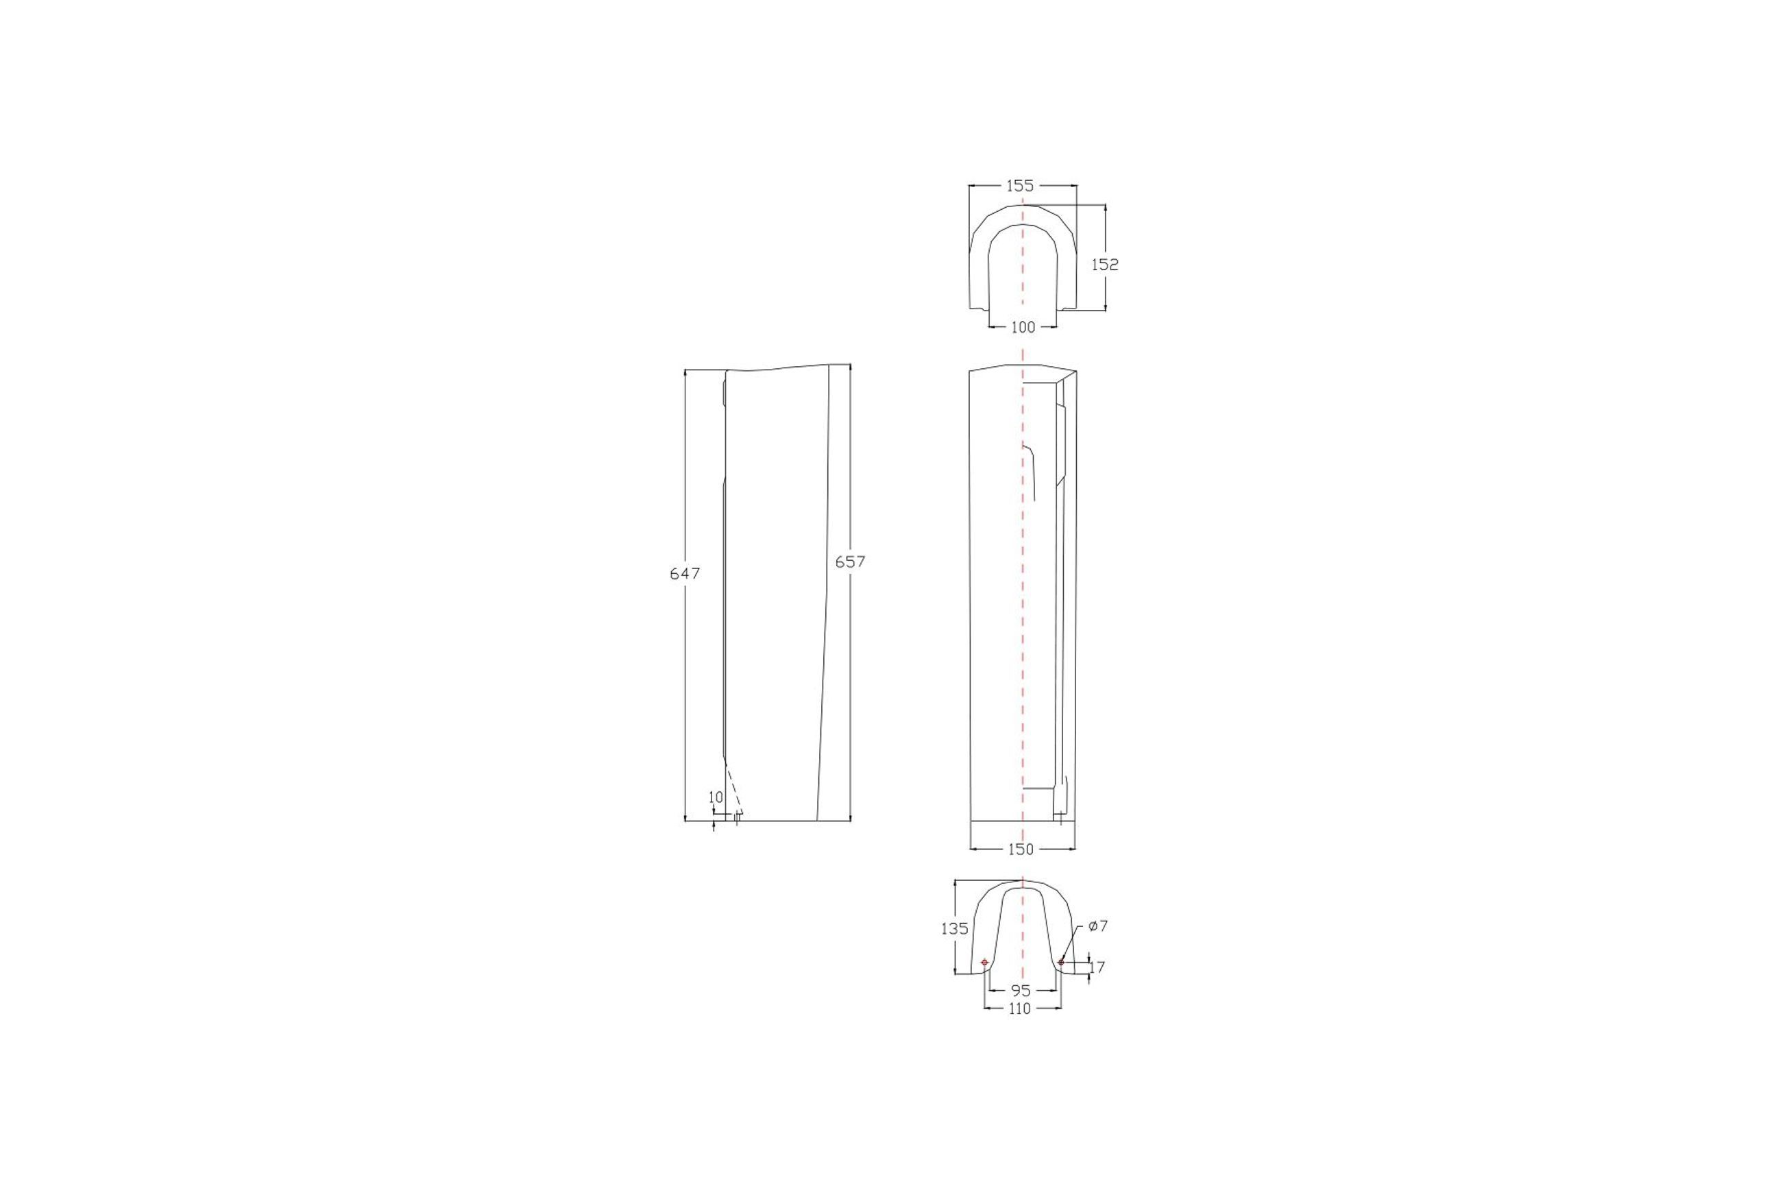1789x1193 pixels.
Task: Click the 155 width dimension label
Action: (x=1020, y=185)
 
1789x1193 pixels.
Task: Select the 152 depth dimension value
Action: (x=1105, y=264)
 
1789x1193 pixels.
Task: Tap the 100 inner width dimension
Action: (x=1023, y=327)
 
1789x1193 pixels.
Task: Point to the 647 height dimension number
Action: (x=685, y=574)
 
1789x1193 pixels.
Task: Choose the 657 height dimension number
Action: (x=851, y=562)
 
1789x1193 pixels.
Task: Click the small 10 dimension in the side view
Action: (x=716, y=797)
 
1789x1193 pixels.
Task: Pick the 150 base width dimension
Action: (x=1021, y=849)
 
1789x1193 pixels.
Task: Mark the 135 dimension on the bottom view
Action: (x=955, y=928)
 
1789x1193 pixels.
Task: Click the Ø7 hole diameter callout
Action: (x=1097, y=926)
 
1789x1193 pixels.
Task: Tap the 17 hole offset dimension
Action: (x=1097, y=967)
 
